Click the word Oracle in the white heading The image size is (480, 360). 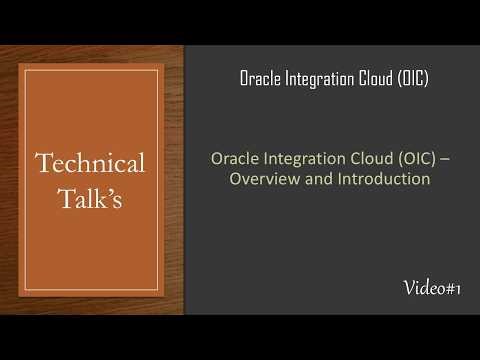click(261, 79)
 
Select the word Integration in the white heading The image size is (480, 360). click(320, 79)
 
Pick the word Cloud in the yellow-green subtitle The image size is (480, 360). click(360, 159)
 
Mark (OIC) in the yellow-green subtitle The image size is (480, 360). click(405, 159)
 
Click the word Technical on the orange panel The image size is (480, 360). click(91, 163)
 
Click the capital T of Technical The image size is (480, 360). click(43, 163)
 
